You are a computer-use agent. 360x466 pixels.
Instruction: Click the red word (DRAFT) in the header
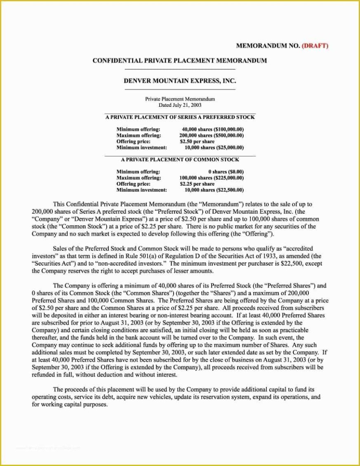pyautogui.click(x=315, y=46)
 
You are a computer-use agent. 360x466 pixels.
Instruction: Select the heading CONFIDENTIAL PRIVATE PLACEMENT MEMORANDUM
pyautogui.click(x=179, y=61)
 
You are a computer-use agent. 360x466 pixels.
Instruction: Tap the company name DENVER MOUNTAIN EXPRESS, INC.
pyautogui.click(x=180, y=81)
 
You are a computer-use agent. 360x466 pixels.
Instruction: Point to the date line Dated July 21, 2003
pyautogui.click(x=180, y=105)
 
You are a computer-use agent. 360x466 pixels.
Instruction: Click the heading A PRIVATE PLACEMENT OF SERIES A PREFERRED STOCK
pyautogui.click(x=180, y=117)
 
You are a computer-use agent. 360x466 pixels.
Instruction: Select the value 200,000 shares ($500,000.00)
pyautogui.click(x=212, y=135)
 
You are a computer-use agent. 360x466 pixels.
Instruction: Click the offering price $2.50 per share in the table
pyautogui.click(x=197, y=141)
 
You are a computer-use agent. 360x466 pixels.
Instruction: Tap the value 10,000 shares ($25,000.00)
pyautogui.click(x=214, y=147)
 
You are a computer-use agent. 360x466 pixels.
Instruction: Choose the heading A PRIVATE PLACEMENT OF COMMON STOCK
pyautogui.click(x=180, y=160)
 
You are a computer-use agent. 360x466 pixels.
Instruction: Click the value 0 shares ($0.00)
pyautogui.click(x=226, y=172)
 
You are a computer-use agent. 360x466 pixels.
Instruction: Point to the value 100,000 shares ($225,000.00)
pyautogui.click(x=212, y=178)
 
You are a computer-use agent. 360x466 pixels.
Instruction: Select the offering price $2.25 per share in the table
pyautogui.click(x=197, y=184)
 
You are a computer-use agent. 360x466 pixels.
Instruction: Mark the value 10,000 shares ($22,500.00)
pyautogui.click(x=214, y=190)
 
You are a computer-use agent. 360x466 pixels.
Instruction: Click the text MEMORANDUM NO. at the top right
pyautogui.click(x=268, y=46)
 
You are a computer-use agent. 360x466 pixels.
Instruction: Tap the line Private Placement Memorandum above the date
pyautogui.click(x=180, y=99)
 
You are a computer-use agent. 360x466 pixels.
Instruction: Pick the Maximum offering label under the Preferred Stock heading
pyautogui.click(x=139, y=135)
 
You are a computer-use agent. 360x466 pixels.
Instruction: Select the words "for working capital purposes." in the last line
pyautogui.click(x=70, y=405)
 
